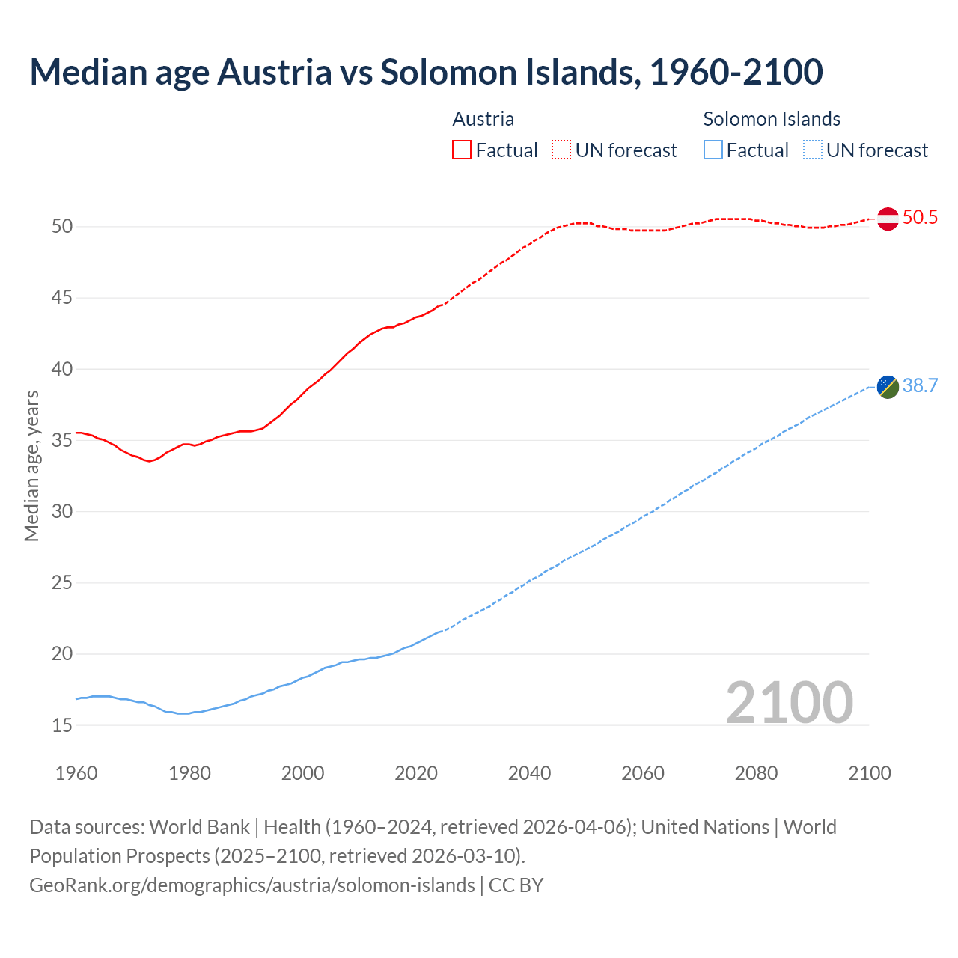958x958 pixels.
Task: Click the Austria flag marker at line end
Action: coord(888,219)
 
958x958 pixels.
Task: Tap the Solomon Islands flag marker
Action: coord(888,387)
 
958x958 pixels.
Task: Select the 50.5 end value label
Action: coord(920,218)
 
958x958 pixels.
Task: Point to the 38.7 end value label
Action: coord(920,386)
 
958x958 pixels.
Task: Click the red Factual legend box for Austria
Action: coord(462,150)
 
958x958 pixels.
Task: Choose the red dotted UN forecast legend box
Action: coord(561,150)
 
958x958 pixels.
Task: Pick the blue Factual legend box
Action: coord(713,150)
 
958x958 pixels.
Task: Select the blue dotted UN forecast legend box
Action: coord(812,150)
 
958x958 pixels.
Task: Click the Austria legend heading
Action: coord(483,119)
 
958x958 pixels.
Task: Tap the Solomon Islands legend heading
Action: coord(772,119)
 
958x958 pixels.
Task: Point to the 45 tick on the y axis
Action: coord(62,298)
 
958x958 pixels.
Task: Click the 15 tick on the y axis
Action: coord(62,725)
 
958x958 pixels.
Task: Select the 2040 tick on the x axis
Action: coord(529,773)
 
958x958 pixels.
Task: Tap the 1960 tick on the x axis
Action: coord(76,773)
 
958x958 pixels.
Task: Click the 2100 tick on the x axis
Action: coord(869,773)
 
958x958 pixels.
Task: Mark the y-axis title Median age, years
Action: coord(31,466)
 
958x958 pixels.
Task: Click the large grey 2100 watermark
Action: coord(789,702)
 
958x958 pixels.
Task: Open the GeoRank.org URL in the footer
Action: coord(252,885)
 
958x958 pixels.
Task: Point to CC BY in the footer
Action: coord(516,885)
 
